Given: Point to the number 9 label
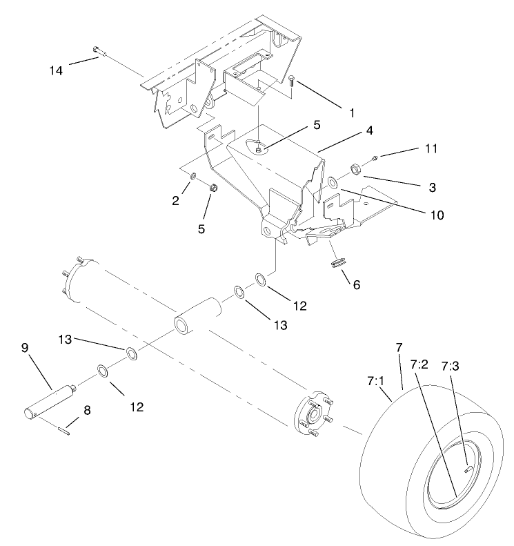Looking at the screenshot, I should pos(25,349).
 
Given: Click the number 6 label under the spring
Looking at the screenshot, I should pos(357,284).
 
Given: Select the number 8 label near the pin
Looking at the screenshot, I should pos(87,409).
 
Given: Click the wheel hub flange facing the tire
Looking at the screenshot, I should pos(315,416).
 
